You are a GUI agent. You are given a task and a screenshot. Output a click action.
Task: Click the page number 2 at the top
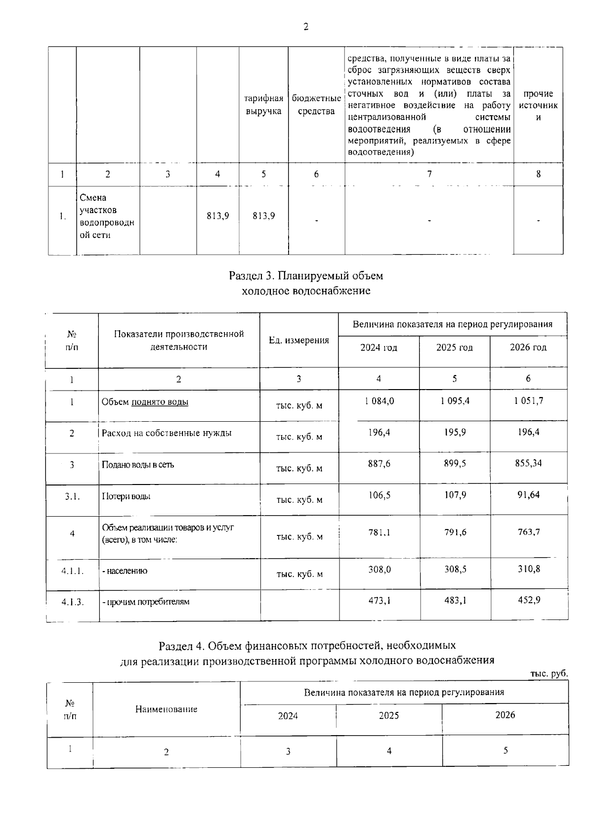305,27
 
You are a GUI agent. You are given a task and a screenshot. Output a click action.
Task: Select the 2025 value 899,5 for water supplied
455,463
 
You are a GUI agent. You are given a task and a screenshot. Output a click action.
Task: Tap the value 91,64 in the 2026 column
528,494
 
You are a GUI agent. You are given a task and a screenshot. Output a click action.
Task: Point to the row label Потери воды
126,496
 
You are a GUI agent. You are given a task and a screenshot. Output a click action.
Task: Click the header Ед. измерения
298,340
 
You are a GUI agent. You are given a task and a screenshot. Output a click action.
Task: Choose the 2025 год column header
454,348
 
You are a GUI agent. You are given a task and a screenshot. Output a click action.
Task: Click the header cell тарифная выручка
263,105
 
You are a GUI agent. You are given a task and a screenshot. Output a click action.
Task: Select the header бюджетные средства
316,105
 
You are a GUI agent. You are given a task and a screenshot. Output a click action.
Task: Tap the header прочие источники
538,105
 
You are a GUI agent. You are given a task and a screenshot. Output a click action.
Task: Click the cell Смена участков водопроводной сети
107,217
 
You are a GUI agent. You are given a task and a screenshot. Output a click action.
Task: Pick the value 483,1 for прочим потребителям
455,600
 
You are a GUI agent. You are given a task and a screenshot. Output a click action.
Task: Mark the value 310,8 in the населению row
528,569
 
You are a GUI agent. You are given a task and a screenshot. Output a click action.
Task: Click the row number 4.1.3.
72,602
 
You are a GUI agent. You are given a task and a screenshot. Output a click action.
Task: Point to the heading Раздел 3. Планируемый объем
306,275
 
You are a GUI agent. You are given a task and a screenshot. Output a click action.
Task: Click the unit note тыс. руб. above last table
549,674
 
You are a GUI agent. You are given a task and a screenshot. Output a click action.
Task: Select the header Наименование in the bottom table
166,709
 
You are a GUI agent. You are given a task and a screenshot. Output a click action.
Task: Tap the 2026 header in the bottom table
505,715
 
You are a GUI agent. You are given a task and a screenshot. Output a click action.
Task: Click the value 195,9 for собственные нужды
455,432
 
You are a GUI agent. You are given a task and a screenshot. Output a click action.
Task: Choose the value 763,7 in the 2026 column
528,532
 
